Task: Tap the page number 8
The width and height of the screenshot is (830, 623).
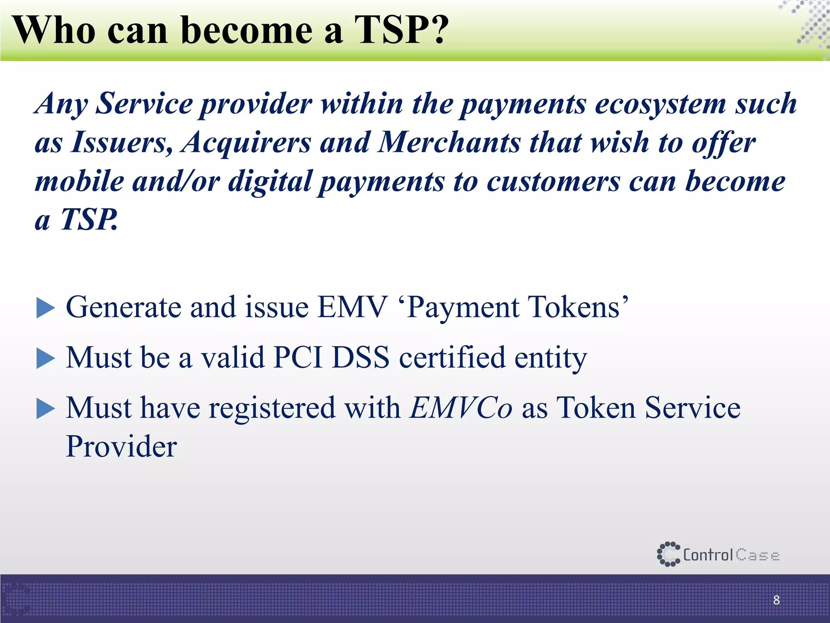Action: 776,600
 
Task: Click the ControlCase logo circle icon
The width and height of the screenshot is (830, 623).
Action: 668,554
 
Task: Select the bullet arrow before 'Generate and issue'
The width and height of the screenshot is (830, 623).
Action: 45,308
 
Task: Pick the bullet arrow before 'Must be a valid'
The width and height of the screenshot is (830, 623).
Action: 45,359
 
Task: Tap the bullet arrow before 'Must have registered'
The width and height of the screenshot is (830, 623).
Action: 45,408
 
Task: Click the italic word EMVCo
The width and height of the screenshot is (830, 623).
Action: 461,408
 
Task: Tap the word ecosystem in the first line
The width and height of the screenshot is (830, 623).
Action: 661,104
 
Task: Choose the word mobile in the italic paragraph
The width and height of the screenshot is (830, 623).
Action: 79,181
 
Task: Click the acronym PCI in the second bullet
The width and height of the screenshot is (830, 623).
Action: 298,358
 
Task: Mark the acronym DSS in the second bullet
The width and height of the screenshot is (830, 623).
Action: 361,358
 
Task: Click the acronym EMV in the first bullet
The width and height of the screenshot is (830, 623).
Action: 352,307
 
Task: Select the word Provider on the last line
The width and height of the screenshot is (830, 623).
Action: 121,447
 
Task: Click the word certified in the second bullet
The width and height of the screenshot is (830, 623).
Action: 452,358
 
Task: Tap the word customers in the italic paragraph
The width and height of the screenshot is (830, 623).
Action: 553,181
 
